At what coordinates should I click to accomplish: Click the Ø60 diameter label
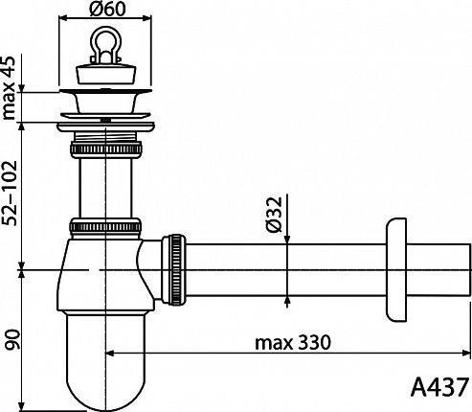click(107, 10)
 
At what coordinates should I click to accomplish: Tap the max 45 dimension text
click(9, 88)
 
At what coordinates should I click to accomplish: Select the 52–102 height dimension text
click(9, 194)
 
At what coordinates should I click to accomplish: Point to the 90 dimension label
click(11, 340)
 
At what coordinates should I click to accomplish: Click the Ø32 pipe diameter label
click(274, 214)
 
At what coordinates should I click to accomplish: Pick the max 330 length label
click(293, 343)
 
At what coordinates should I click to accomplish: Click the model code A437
click(439, 387)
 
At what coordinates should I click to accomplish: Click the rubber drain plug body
click(105, 74)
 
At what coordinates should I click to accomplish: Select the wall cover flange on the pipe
click(396, 270)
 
